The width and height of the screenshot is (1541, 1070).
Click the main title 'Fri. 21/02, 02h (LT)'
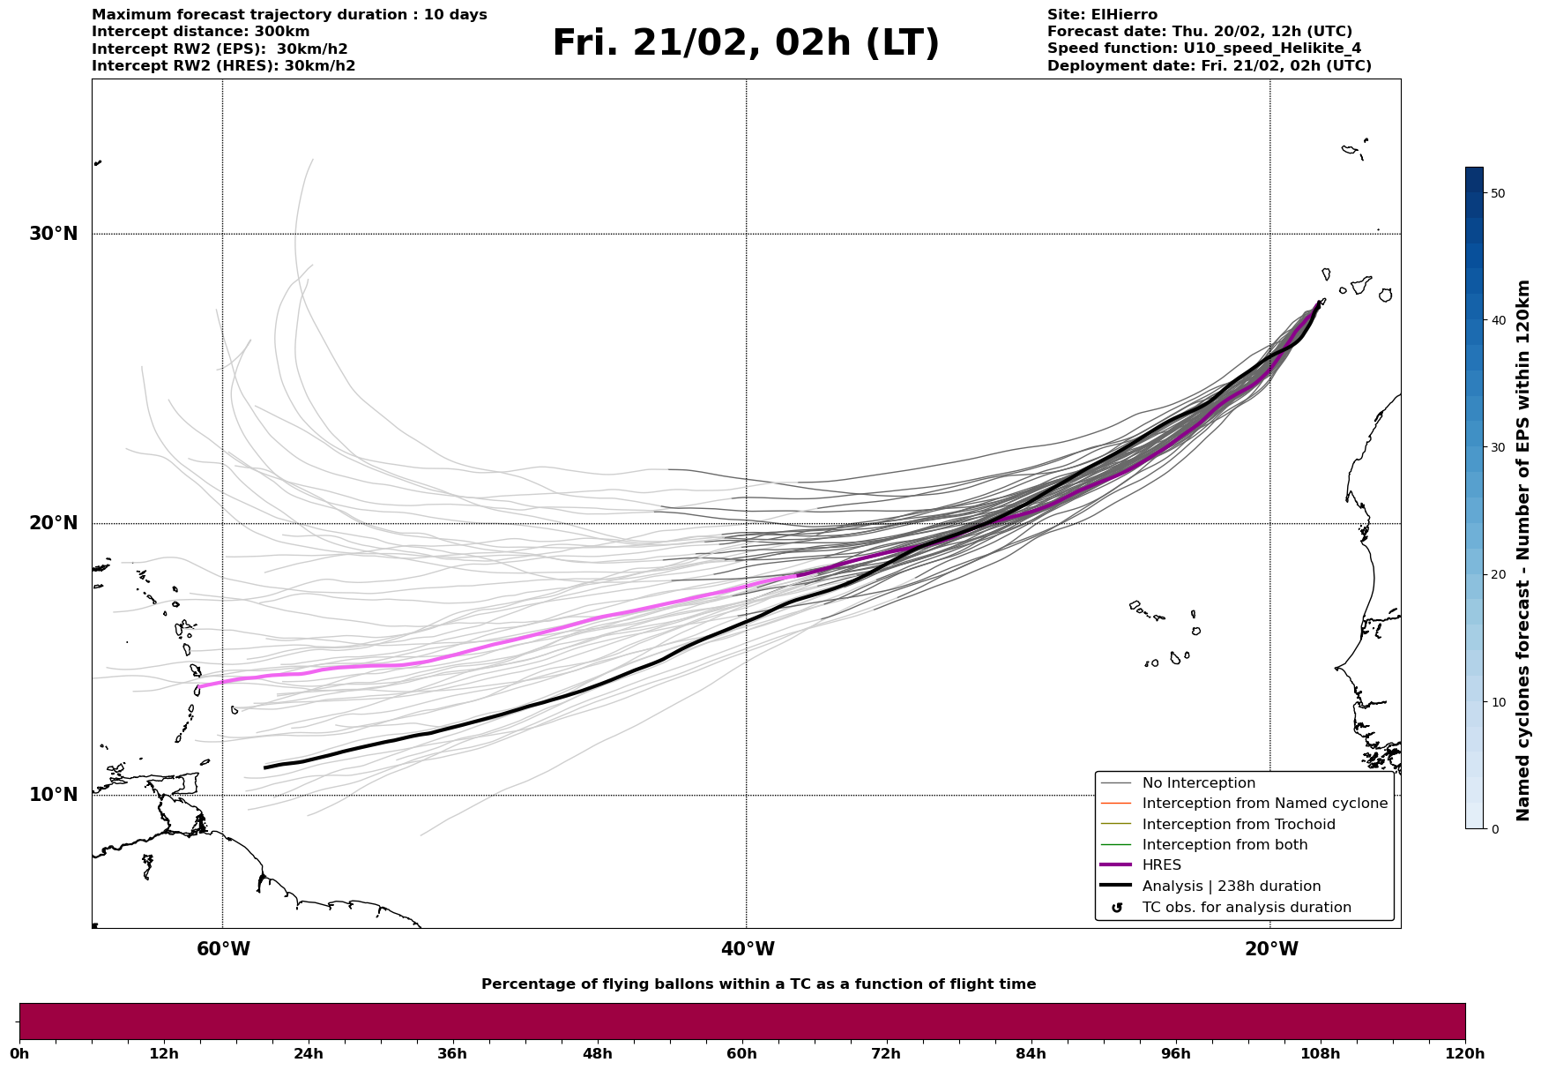click(x=746, y=43)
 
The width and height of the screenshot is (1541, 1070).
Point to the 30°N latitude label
click(x=53, y=234)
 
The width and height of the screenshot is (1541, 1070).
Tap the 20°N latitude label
click(x=53, y=523)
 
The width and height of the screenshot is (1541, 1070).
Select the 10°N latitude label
click(x=53, y=795)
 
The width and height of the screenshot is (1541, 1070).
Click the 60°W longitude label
click(x=223, y=949)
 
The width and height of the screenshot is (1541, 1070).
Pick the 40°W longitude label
click(x=748, y=949)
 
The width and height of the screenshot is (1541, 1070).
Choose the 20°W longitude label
click(x=1271, y=949)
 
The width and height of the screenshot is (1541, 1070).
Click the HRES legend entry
click(x=1161, y=865)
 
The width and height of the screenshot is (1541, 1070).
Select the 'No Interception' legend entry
click(x=1198, y=783)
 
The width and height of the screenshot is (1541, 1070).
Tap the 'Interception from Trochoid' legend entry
click(x=1238, y=825)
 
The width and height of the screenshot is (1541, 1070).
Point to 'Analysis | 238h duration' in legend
click(x=1231, y=887)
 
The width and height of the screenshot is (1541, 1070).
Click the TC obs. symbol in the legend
click(x=1117, y=908)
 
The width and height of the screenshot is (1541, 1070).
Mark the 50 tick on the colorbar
click(x=1497, y=193)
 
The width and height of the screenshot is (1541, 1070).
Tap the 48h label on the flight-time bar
click(x=597, y=1054)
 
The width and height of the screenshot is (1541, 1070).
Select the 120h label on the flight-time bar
click(x=1464, y=1054)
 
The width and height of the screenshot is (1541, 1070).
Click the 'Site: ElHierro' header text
click(x=1102, y=15)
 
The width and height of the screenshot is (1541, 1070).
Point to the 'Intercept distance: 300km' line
click(x=201, y=32)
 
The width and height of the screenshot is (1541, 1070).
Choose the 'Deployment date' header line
click(x=1209, y=66)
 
